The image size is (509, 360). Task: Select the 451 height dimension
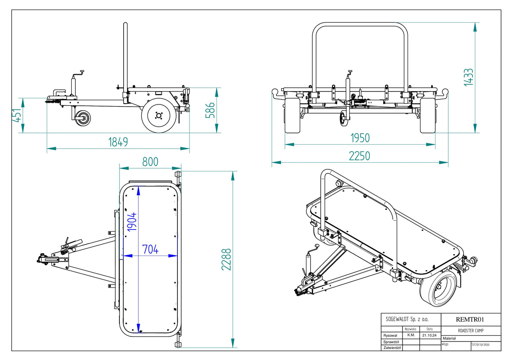16,115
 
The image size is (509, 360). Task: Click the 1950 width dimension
360,138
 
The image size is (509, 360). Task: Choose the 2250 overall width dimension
360,156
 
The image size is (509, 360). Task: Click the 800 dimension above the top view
150,162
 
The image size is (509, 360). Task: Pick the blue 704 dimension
150,249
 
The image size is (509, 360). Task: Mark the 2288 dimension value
226,260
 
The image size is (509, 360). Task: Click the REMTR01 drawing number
470,319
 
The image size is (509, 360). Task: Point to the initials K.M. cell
411,336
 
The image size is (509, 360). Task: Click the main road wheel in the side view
158,115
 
